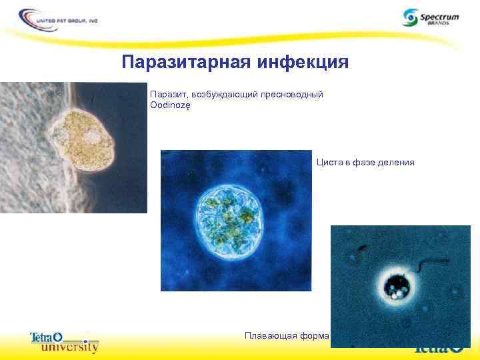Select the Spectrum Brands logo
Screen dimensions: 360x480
[431, 17]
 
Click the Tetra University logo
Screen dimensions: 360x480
[64, 341]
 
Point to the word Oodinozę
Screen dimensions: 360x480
[170, 106]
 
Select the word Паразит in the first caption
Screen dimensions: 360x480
[166, 95]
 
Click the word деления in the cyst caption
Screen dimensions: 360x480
[396, 162]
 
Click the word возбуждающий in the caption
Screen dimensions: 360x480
[225, 95]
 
